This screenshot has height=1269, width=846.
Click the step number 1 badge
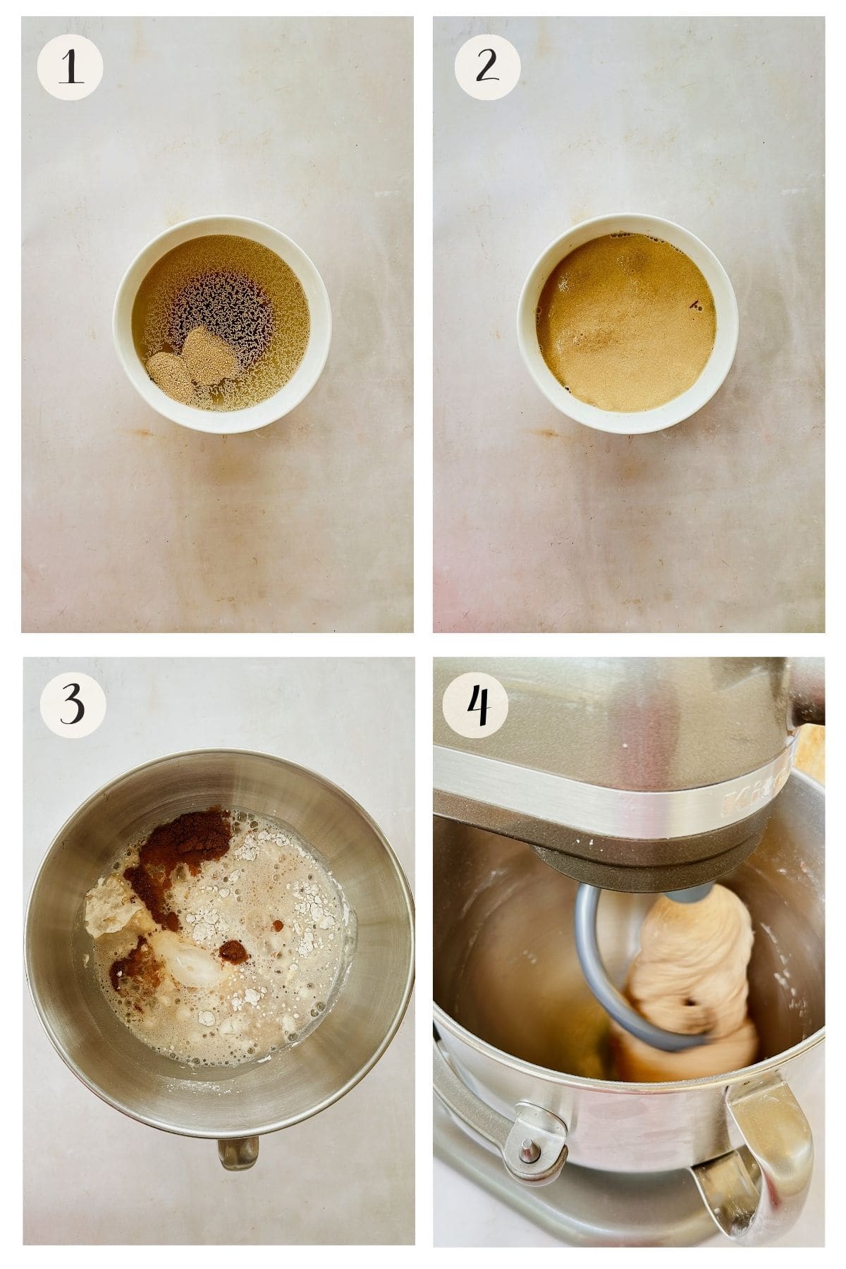pos(70,68)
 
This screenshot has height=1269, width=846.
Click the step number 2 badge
pos(487,68)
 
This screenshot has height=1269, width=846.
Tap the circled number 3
pos(73,705)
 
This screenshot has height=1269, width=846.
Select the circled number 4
pos(475,705)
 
